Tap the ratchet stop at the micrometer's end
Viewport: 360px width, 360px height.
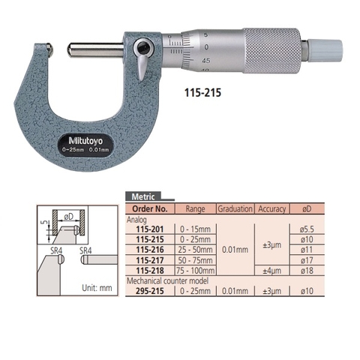coord(328,50)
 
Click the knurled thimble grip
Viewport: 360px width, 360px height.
coord(273,50)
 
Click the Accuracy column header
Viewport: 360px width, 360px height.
coord(271,208)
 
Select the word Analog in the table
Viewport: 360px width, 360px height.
coord(136,219)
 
